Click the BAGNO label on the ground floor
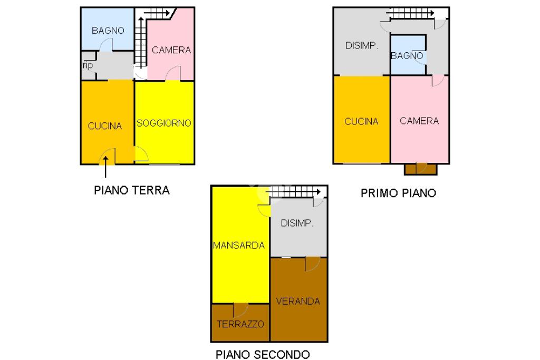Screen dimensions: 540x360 [x=108, y=31]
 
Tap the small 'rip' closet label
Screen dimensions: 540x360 [x=88, y=66]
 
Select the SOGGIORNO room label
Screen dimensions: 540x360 [x=163, y=123]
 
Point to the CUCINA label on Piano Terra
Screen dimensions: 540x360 [x=105, y=126]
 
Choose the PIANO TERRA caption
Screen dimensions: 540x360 [x=132, y=190]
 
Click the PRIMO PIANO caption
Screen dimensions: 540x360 [x=398, y=193]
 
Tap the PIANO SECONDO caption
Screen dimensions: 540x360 [x=263, y=354]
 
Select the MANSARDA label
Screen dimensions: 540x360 [x=238, y=245]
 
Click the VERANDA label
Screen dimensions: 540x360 [x=298, y=301]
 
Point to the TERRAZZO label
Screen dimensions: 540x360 [x=240, y=324]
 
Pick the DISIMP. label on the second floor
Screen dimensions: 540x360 [x=297, y=223]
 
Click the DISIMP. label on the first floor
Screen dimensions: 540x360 [x=362, y=46]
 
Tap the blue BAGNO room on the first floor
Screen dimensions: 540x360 [x=408, y=55]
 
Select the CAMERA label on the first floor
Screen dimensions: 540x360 [x=419, y=121]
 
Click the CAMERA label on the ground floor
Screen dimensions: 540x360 [x=171, y=50]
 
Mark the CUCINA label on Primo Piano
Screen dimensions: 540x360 [x=361, y=121]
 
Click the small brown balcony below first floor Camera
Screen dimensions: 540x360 [x=420, y=169]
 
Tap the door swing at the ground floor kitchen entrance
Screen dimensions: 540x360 [x=108, y=157]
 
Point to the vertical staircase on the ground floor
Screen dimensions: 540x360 [x=140, y=42]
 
